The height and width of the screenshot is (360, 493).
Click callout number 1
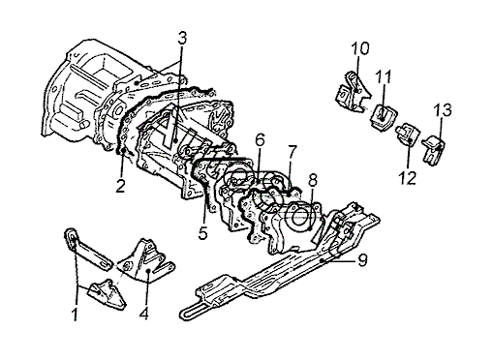[x=75, y=315]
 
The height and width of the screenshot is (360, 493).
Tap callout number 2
[x=120, y=186]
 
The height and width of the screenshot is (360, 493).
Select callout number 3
[x=182, y=38]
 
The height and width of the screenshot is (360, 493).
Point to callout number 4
[x=144, y=313]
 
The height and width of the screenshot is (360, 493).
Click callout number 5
[x=202, y=233]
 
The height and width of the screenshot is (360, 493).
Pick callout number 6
[x=260, y=139]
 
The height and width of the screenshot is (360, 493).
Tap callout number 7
[x=292, y=152]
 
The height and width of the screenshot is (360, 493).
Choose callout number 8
[x=313, y=181]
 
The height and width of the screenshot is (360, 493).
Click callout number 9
[x=362, y=259]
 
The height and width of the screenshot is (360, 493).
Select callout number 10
[x=360, y=48]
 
